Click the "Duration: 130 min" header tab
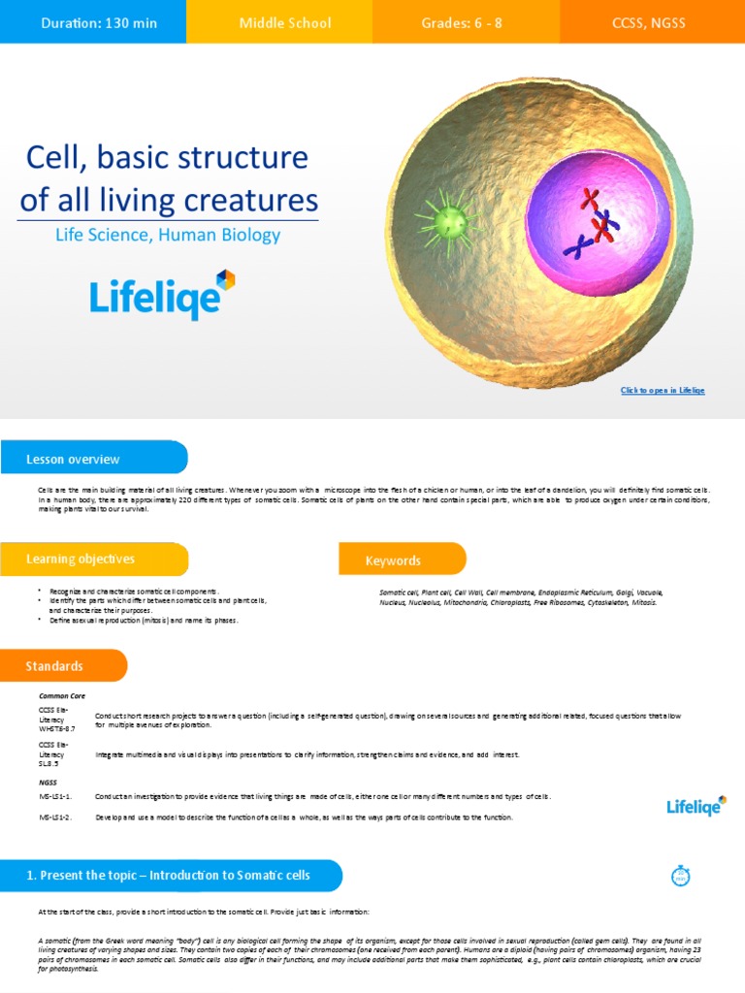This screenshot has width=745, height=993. [93, 22]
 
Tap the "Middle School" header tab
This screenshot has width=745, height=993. [285, 22]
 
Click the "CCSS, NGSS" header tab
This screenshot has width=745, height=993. [648, 22]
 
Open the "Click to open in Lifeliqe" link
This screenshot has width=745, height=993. [663, 390]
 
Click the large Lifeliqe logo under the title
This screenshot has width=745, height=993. [162, 295]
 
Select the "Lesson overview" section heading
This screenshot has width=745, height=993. [74, 459]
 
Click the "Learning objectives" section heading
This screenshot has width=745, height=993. [81, 559]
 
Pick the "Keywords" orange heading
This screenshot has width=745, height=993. [393, 561]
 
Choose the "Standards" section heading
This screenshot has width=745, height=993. [54, 666]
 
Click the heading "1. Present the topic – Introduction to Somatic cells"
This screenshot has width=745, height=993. [169, 875]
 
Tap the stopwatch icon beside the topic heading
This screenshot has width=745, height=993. [680, 876]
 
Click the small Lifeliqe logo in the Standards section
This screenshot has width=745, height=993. [696, 806]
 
